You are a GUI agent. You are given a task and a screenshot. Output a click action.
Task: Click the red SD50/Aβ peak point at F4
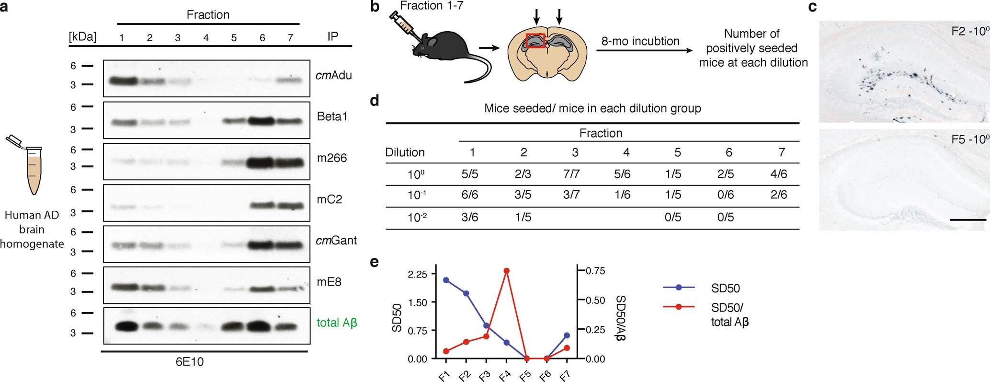(506, 271)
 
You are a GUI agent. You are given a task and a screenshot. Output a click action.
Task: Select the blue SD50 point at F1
(446, 280)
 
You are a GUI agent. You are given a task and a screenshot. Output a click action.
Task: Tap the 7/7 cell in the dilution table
(575, 174)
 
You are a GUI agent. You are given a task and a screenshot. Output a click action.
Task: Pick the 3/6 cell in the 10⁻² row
(472, 217)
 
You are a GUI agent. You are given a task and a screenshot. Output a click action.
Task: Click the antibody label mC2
(330, 199)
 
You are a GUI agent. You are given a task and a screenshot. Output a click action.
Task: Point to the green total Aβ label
(337, 323)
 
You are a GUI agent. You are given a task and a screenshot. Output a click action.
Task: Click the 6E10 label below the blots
(189, 362)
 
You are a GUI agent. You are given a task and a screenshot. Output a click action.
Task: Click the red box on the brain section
(535, 41)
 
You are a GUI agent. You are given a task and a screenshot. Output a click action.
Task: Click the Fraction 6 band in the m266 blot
(262, 162)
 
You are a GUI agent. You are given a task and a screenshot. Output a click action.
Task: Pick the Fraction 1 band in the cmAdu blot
(121, 81)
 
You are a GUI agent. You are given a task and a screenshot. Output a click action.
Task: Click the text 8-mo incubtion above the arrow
(640, 41)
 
